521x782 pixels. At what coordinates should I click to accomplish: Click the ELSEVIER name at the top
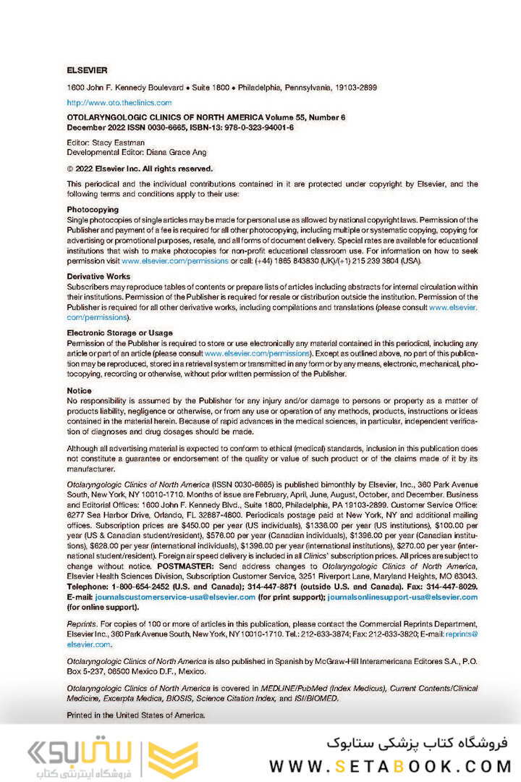(x=87, y=70)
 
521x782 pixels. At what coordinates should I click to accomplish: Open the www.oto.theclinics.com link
(x=119, y=103)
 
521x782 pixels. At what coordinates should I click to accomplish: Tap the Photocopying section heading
(x=92, y=209)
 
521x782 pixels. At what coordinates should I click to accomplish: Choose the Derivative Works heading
(x=98, y=277)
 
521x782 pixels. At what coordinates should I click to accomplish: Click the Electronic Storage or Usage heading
(x=119, y=333)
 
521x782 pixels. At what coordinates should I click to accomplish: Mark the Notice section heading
(x=79, y=390)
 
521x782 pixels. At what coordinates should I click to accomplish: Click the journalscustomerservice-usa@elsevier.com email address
(x=175, y=597)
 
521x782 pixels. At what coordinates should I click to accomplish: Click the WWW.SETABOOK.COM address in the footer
(x=390, y=766)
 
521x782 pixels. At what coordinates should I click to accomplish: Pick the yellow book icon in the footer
(x=173, y=759)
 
